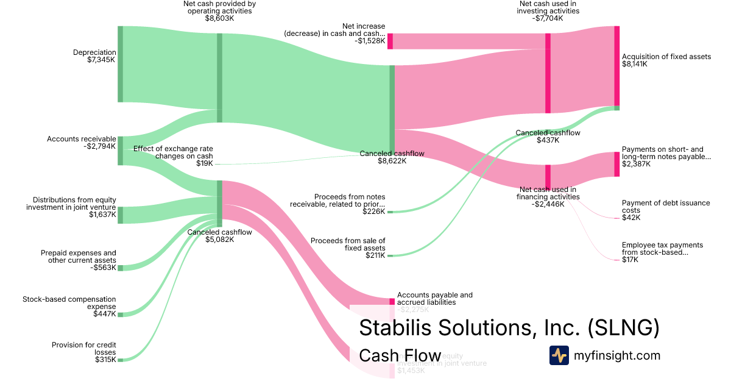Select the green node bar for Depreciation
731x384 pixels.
(120, 64)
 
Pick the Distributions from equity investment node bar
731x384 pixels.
(120, 215)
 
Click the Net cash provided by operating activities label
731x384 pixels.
(219, 10)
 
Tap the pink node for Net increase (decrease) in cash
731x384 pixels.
(390, 41)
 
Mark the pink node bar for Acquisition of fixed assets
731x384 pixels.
(616, 66)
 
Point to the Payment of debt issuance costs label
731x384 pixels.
(666, 210)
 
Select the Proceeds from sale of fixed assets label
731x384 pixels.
(348, 248)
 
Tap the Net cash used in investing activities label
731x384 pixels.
(548, 10)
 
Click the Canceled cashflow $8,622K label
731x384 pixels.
(392, 157)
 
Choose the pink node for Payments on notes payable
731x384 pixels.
(616, 164)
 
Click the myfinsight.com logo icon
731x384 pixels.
(559, 355)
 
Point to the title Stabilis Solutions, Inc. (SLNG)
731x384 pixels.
(509, 327)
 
